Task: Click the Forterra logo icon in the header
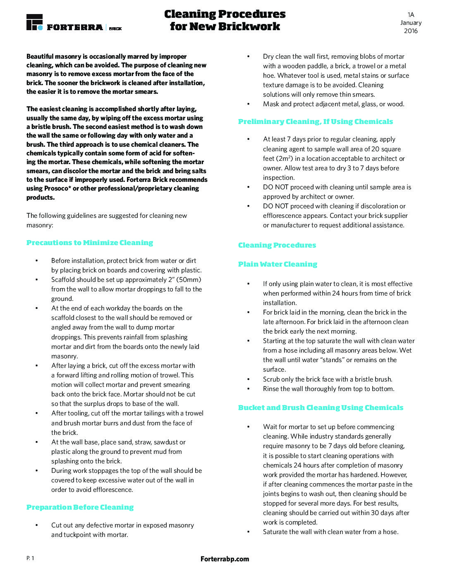point(34,22)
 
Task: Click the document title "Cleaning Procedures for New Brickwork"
point(225,20)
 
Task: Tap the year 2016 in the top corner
point(411,31)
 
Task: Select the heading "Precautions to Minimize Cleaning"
point(90,243)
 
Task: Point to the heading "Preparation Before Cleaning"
point(80,507)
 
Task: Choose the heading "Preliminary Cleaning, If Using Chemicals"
point(316,122)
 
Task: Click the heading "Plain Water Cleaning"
point(278,264)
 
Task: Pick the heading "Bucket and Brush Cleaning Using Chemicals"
point(321,408)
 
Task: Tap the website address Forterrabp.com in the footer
point(225,559)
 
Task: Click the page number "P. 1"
point(30,558)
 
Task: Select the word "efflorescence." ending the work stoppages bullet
point(113,490)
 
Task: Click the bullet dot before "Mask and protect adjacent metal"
point(248,104)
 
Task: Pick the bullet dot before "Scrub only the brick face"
point(248,379)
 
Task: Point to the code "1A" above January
point(411,14)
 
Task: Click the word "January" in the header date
point(411,23)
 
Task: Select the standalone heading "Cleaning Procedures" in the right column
point(277,245)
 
